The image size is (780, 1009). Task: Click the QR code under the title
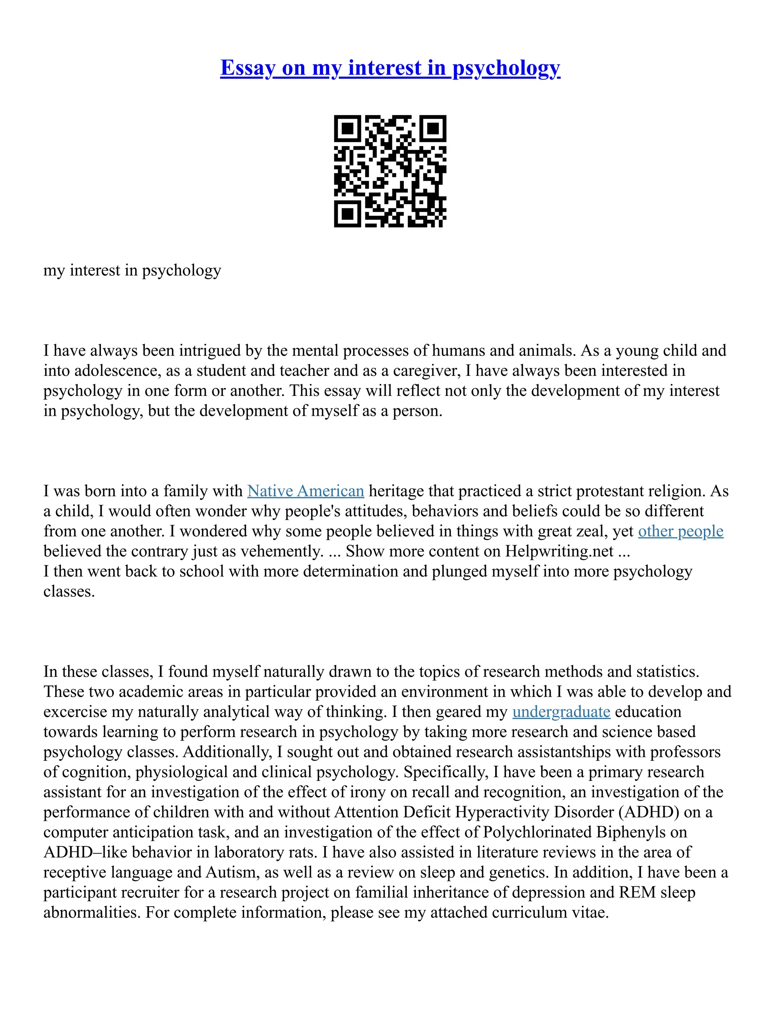point(390,171)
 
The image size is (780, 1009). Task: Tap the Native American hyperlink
point(305,491)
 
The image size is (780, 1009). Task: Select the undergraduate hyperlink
point(561,712)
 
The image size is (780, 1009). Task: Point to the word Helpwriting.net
point(559,551)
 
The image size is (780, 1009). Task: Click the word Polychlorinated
point(537,832)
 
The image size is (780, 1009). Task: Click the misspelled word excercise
point(75,712)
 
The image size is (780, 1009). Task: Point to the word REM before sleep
point(637,892)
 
